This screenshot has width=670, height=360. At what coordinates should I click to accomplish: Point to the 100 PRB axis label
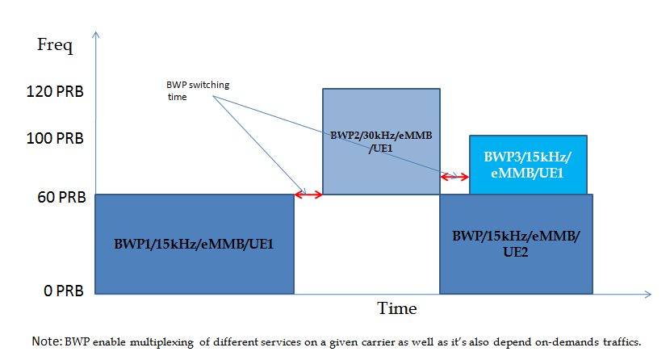54,138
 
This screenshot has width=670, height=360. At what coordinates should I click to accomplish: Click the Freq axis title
55,44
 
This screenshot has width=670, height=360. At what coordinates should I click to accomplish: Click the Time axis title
397,309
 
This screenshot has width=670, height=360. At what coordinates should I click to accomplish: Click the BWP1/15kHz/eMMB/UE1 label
195,243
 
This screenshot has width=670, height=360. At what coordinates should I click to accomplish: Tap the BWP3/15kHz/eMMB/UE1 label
528,164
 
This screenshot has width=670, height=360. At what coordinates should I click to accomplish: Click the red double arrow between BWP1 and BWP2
308,194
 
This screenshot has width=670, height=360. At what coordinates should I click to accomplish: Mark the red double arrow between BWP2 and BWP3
454,176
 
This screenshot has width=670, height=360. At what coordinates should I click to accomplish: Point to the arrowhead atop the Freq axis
96,35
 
